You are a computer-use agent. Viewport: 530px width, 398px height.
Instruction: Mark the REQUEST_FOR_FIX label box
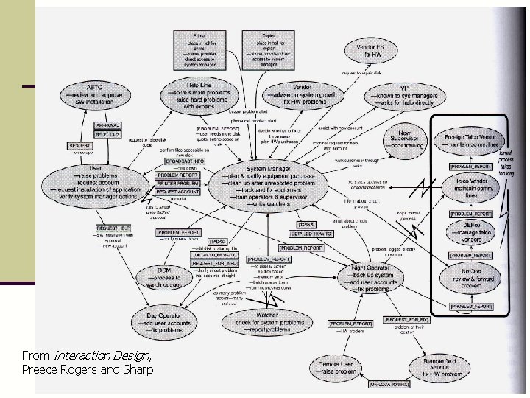tap(406, 319)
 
